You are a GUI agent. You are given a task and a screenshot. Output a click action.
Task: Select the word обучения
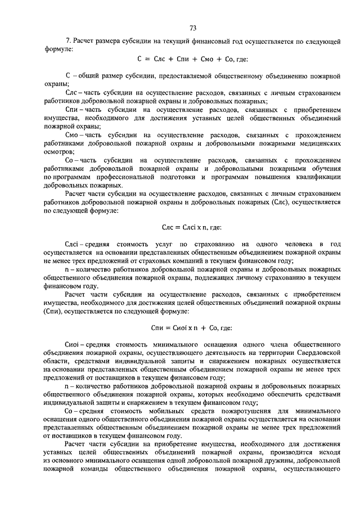[322, 169]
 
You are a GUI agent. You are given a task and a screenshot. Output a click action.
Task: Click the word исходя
[329, 452]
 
